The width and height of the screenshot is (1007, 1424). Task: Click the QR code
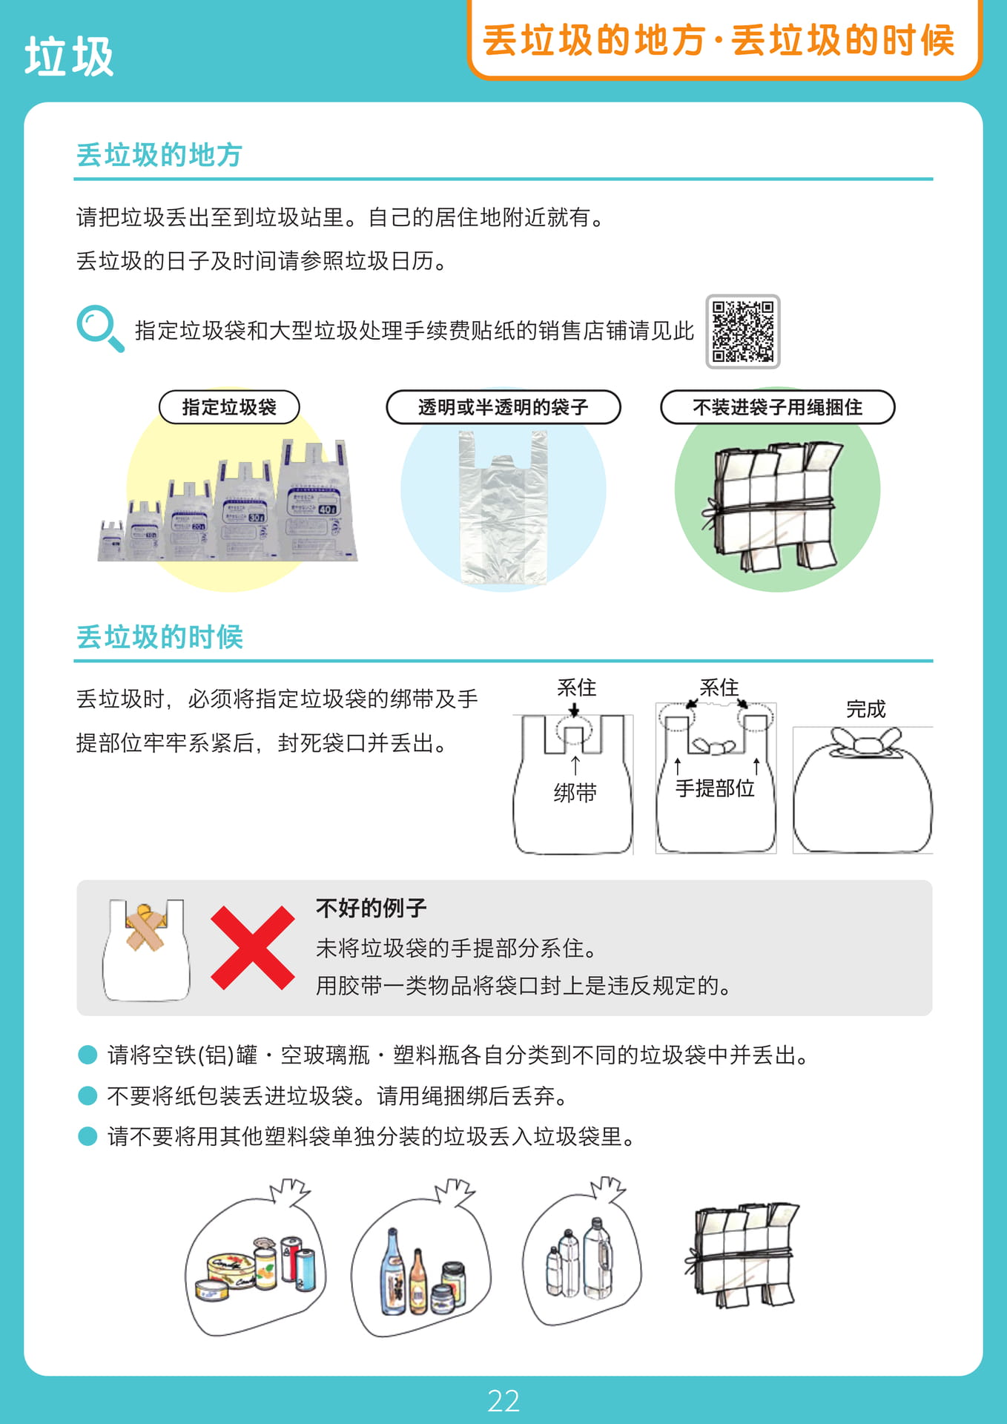pyautogui.click(x=742, y=332)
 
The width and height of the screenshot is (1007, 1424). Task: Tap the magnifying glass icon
pyautogui.click(x=99, y=328)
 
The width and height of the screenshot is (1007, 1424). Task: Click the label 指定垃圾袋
pyautogui.click(x=229, y=407)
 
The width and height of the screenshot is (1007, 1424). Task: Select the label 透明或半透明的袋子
pyautogui.click(x=503, y=407)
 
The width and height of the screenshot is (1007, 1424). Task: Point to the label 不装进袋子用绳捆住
pyautogui.click(x=777, y=407)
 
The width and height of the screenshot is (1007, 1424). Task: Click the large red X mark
pyautogui.click(x=252, y=948)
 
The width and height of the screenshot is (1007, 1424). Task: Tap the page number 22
pyautogui.click(x=503, y=1401)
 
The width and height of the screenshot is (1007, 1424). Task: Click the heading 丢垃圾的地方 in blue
pyautogui.click(x=159, y=155)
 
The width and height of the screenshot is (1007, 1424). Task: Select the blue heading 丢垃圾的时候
pyautogui.click(x=159, y=637)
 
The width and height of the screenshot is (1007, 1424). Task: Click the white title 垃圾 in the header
pyautogui.click(x=69, y=56)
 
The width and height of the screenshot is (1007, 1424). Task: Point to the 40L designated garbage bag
pyautogui.click(x=317, y=500)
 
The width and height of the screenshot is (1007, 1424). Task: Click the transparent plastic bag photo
pyautogui.click(x=503, y=507)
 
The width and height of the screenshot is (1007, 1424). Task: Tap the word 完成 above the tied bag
pyautogui.click(x=866, y=709)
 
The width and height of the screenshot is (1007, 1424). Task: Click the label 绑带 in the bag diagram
pyautogui.click(x=575, y=793)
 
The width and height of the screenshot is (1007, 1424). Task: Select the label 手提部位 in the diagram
pyautogui.click(x=715, y=788)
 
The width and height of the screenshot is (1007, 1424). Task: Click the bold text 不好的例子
pyautogui.click(x=371, y=908)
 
